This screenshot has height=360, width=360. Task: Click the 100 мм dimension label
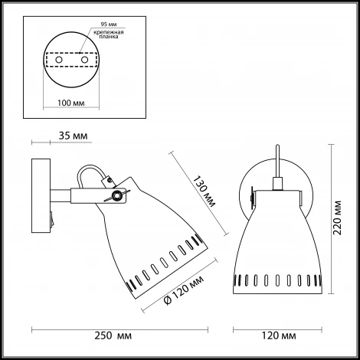point(70,103)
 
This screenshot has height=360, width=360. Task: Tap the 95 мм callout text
point(109,25)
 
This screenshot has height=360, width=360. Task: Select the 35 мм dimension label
point(73,136)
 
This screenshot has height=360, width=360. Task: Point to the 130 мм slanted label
point(204,191)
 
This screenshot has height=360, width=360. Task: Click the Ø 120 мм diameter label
point(184,290)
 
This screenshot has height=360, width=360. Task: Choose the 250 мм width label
point(113,335)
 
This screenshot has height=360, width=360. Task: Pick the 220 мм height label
point(337,218)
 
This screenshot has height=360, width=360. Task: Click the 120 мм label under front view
point(279,335)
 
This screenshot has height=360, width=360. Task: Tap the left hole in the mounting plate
point(59,60)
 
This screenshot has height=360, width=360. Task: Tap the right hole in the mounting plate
point(84,60)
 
